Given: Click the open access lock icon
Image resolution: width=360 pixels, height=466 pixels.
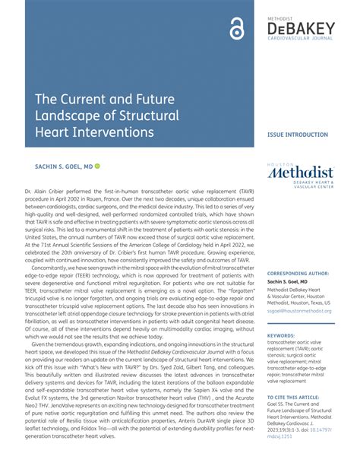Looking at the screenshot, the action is pyautogui.click(x=236, y=31).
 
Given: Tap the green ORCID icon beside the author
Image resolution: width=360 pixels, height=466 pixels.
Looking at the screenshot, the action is pyautogui.click(x=98, y=165).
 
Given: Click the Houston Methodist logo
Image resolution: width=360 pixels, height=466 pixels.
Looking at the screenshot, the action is pyautogui.click(x=301, y=174).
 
